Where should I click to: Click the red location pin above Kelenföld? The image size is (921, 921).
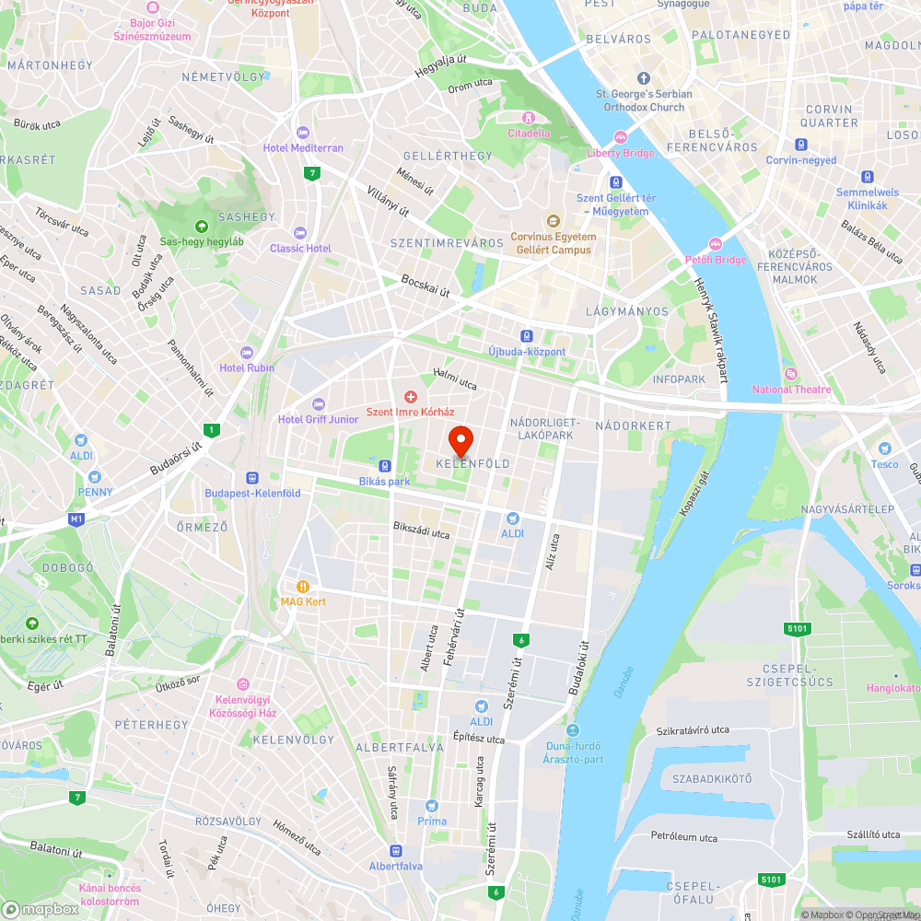460,439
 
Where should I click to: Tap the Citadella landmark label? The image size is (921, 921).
529,132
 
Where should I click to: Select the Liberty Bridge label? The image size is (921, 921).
621,153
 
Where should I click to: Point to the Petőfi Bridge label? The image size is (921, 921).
715,260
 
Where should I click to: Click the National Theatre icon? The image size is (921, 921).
790,374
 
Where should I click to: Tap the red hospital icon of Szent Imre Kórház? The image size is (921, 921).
411,397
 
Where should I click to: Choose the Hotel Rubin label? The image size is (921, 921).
247,367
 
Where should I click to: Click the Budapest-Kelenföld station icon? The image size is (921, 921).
251,478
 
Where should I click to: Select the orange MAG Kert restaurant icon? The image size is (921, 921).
302,586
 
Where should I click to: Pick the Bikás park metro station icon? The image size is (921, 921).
384,466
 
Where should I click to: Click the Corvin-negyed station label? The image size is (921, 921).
801,160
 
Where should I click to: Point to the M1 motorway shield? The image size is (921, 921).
76,519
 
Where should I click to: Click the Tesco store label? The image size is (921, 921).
884,464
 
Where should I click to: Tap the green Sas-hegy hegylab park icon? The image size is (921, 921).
201,227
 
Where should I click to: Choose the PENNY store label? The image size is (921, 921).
95,492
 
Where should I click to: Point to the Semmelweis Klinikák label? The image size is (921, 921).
867,199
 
